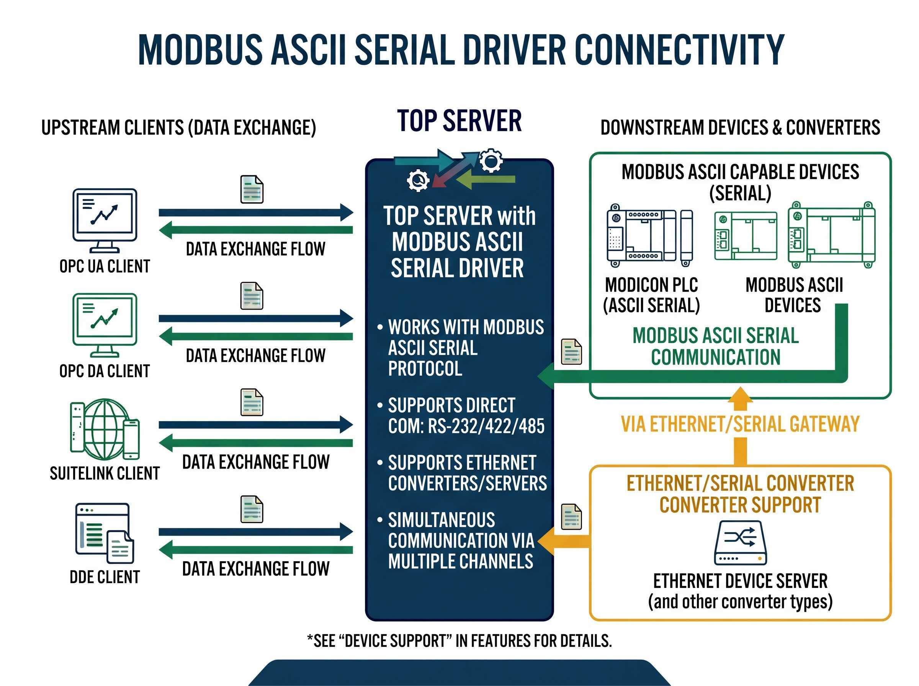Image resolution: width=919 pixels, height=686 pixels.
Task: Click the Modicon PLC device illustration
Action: (649, 235)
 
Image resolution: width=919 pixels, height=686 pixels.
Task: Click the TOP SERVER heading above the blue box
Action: (459, 121)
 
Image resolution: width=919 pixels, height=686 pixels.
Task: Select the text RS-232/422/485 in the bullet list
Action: (486, 426)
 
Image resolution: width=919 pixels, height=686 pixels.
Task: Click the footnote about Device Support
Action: (459, 641)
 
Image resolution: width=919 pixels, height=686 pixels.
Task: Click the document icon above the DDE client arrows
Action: (252, 509)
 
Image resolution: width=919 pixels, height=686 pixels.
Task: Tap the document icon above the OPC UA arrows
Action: (252, 189)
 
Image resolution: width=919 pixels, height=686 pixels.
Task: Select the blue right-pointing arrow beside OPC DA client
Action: (255, 318)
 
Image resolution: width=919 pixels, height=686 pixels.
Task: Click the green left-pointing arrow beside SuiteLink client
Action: (255, 443)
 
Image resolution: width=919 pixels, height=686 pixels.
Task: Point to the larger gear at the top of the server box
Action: (491, 160)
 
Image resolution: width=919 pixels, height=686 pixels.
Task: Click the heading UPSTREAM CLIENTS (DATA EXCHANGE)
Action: (178, 127)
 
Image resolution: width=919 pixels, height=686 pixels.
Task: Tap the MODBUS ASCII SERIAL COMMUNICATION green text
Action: (715, 346)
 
